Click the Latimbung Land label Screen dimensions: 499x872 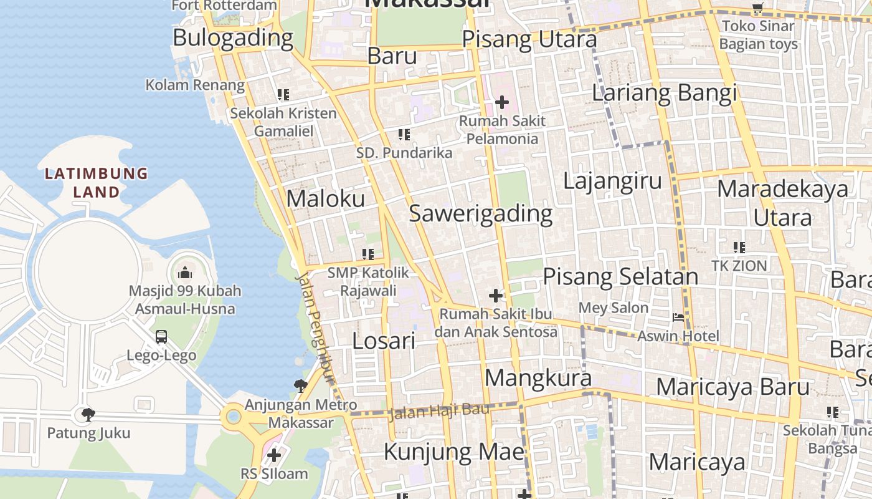[x=97, y=182]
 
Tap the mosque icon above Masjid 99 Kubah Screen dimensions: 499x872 [x=184, y=273]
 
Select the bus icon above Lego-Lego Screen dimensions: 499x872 [x=161, y=337]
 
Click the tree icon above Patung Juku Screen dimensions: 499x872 [x=88, y=414]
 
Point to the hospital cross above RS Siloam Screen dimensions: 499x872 [x=273, y=455]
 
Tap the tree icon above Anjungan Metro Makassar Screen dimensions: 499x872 [x=300, y=386]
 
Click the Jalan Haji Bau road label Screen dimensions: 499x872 [x=438, y=411]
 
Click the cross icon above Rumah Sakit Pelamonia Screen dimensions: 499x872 [x=502, y=102]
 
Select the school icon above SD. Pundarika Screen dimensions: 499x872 [x=404, y=134]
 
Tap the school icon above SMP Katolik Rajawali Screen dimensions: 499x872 [x=367, y=254]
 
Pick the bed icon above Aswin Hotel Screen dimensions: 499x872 [x=678, y=317]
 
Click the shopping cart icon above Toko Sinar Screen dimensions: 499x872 [x=757, y=9]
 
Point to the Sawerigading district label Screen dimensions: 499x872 [x=480, y=213]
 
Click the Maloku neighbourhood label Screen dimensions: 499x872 [x=325, y=198]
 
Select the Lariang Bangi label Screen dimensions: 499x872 [x=664, y=93]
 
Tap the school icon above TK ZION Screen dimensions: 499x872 [x=739, y=248]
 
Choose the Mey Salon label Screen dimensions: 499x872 [x=614, y=308]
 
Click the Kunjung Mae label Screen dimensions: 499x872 [x=454, y=451]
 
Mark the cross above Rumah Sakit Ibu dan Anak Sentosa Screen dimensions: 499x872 [x=496, y=295]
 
